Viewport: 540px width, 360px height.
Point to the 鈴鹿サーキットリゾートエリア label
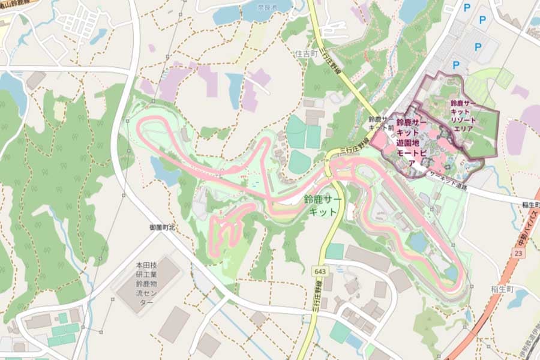click(x=466, y=116)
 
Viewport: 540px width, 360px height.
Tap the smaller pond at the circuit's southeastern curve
click(x=451, y=274)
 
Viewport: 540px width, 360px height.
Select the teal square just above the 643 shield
click(x=334, y=251)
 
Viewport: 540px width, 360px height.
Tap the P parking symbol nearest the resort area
click(x=455, y=65)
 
